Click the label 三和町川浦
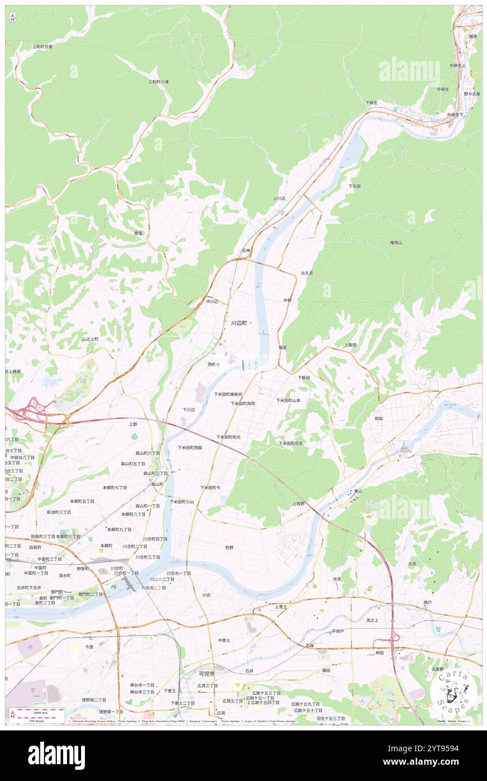click(159, 81)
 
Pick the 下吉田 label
click(354, 186)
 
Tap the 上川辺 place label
click(279, 198)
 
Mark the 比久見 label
click(306, 273)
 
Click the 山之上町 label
click(90, 339)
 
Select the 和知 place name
click(379, 418)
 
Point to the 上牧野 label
click(298, 503)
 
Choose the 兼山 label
click(358, 491)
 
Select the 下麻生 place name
click(371, 103)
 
